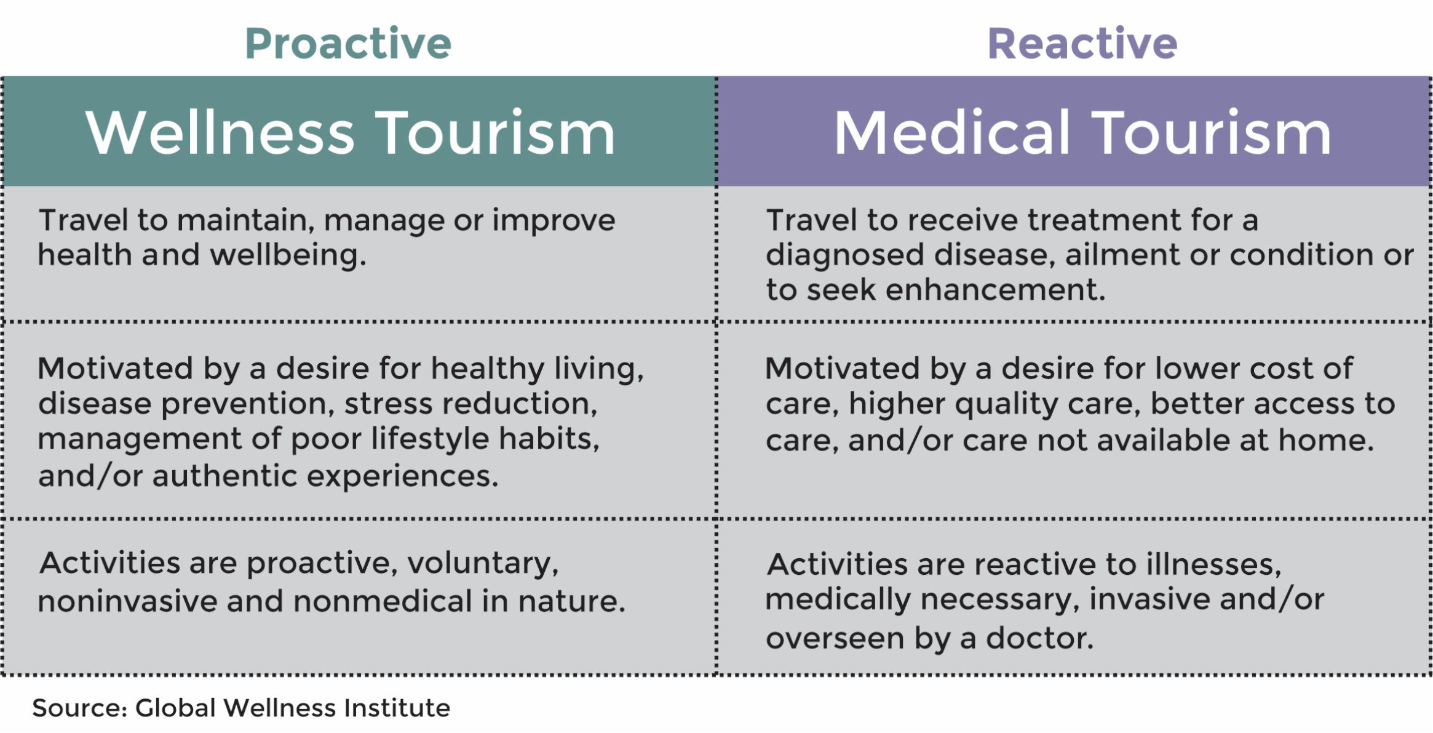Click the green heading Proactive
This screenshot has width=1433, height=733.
coord(348,44)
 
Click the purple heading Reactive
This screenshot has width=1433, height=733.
coord(1082,44)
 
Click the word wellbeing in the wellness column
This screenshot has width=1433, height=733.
coord(288,255)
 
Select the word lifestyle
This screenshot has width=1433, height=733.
coord(430,439)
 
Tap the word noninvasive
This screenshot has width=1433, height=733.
coord(128,601)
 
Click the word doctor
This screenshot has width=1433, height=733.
coord(1040,638)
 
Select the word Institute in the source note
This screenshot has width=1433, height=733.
coord(397,708)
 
